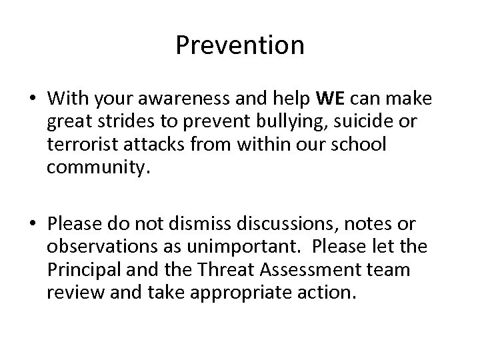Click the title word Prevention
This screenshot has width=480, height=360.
coord(240,46)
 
